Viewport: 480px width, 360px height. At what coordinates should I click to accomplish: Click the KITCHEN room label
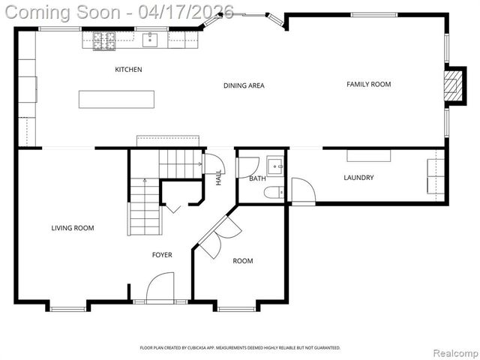pyautogui.click(x=128, y=70)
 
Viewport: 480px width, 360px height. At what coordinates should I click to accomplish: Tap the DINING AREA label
pyautogui.click(x=244, y=85)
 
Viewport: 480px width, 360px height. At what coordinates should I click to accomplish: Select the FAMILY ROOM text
pyautogui.click(x=368, y=84)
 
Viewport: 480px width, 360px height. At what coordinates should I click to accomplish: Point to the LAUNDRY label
pyautogui.click(x=358, y=178)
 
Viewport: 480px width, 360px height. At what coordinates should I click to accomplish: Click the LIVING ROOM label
pyautogui.click(x=73, y=228)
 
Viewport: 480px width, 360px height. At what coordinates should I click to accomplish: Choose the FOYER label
pyautogui.click(x=162, y=255)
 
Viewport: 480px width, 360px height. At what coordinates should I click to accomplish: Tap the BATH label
pyautogui.click(x=257, y=178)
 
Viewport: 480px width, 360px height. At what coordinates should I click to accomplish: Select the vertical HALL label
pyautogui.click(x=219, y=178)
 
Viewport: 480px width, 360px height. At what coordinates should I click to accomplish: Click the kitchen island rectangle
pyautogui.click(x=117, y=99)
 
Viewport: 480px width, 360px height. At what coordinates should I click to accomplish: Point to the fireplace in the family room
pyautogui.click(x=452, y=85)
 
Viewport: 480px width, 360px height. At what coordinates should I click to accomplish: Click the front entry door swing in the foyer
pyautogui.click(x=160, y=288)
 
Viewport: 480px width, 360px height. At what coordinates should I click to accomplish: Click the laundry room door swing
pyautogui.click(x=302, y=190)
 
